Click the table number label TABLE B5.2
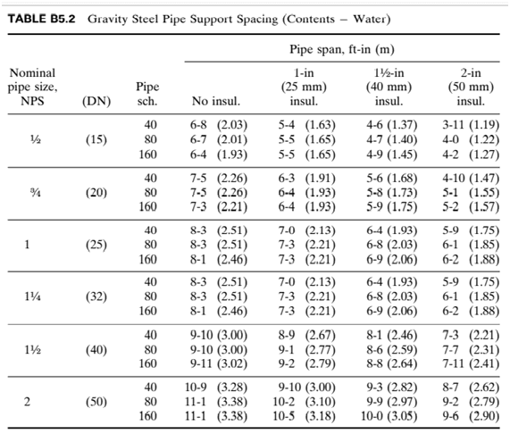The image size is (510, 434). click(41, 19)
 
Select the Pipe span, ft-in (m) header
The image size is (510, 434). click(342, 49)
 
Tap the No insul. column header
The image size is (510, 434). click(216, 101)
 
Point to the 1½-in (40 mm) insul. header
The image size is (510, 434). click(389, 87)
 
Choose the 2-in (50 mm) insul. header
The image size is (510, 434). click(471, 87)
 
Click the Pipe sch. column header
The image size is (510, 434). click(147, 94)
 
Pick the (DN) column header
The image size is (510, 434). click(96, 102)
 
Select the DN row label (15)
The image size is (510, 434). click(96, 140)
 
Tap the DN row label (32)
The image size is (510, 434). click(96, 296)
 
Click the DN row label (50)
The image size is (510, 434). click(96, 402)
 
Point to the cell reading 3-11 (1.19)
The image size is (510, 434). click(471, 125)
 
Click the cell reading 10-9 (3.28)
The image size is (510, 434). click(216, 388)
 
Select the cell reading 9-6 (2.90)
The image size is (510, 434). click(471, 416)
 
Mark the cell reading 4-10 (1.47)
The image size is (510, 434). click(471, 178)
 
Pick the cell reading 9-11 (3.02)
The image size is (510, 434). click(219, 363)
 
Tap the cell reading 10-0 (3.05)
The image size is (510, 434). click(389, 416)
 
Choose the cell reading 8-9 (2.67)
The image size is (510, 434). click(306, 335)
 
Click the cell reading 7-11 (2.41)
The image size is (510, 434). click(471, 363)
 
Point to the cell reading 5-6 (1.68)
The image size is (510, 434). click(391, 178)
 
